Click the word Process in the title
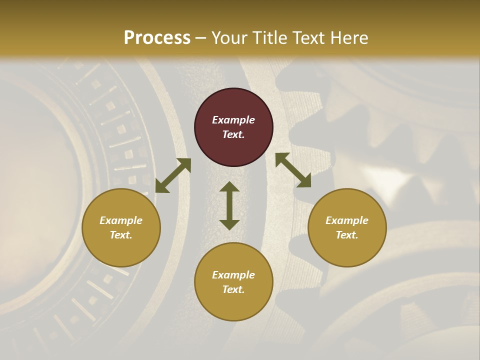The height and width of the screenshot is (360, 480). tap(157, 38)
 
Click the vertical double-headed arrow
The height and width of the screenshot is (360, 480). tap(229, 205)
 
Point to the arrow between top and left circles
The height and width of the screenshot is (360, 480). tap(173, 175)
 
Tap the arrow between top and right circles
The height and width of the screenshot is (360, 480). tap(293, 170)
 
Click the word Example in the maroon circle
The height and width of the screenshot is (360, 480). tap(233, 120)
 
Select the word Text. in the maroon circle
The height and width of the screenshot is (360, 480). tap(233, 134)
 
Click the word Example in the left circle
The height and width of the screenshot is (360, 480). tap(121, 220)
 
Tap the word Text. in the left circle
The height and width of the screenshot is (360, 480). tap(121, 235)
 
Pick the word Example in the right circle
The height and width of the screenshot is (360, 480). tap(347, 220)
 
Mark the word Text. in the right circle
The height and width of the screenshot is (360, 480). tap(347, 235)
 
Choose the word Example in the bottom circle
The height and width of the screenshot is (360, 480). tap(233, 275)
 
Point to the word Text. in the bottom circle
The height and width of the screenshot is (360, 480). tap(233, 289)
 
